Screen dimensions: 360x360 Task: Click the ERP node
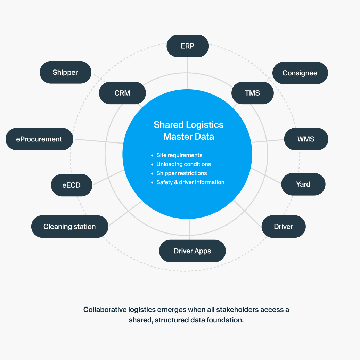click(x=188, y=46)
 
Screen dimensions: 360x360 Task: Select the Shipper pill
click(x=65, y=72)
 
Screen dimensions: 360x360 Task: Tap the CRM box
click(x=122, y=93)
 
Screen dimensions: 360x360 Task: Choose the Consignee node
click(x=300, y=73)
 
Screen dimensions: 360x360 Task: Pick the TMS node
click(x=252, y=93)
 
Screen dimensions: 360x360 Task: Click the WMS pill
click(x=306, y=139)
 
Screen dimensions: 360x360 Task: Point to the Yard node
click(x=303, y=184)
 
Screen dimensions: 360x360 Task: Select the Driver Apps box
click(x=192, y=251)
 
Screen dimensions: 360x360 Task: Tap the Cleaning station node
click(x=69, y=227)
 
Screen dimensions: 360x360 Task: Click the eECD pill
click(x=72, y=185)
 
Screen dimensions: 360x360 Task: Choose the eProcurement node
click(x=39, y=139)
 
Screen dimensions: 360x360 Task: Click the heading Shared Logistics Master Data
click(x=189, y=131)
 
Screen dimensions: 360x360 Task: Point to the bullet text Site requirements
click(x=179, y=155)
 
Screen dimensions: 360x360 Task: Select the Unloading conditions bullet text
click(x=183, y=164)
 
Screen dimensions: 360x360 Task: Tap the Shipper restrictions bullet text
click(x=181, y=173)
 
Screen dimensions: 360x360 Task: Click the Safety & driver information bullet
click(x=190, y=182)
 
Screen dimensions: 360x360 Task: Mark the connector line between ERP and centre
click(x=188, y=73)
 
